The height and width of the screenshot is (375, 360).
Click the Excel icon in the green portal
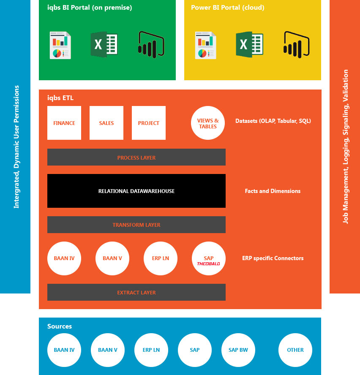[104, 45]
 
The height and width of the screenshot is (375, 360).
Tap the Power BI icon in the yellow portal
[297, 45]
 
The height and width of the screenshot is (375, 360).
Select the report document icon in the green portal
[60, 45]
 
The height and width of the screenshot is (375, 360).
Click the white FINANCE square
[64, 123]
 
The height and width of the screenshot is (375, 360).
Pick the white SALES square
[106, 123]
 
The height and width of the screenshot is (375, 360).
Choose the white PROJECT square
[149, 123]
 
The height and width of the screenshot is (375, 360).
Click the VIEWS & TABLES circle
[208, 123]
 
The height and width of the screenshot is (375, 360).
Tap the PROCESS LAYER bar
[136, 158]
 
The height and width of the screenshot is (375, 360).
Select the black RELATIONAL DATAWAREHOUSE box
[136, 191]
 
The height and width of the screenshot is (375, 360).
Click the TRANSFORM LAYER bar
[136, 225]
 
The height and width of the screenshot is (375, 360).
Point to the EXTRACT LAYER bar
[136, 292]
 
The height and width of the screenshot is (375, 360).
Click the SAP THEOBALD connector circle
[209, 258]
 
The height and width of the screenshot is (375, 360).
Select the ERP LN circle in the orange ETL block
[161, 258]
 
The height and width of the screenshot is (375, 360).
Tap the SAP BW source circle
[238, 350]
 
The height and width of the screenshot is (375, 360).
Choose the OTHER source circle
[295, 350]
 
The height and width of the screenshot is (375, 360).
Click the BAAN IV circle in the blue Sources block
[64, 350]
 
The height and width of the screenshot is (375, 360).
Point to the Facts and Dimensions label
[273, 191]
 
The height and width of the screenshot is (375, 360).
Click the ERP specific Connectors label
[273, 258]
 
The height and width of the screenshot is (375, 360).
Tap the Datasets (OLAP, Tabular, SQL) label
[273, 121]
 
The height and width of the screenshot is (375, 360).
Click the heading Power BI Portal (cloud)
[228, 8]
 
